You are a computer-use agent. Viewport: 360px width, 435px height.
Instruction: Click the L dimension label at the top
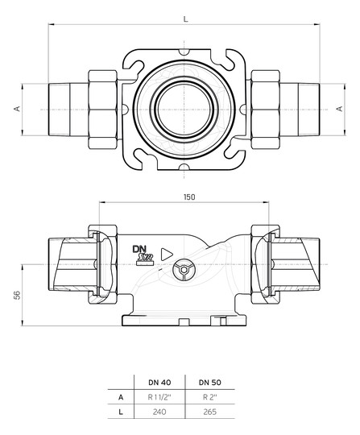pyautogui.click(x=185, y=19)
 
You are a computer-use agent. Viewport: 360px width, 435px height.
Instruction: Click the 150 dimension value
pyautogui.click(x=189, y=197)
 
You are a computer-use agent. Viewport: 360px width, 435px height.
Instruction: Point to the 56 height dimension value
pyautogui.click(x=17, y=295)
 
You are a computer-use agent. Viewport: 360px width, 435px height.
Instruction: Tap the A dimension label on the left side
pyautogui.click(x=17, y=109)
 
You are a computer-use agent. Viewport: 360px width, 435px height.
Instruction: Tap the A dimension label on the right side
pyautogui.click(x=340, y=109)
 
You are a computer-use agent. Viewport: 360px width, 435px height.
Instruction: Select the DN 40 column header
pyautogui.click(x=159, y=383)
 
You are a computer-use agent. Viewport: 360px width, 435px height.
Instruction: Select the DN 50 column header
pyautogui.click(x=209, y=383)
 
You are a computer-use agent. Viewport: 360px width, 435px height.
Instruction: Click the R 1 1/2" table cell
pyautogui.click(x=159, y=397)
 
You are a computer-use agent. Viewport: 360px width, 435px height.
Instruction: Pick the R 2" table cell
pyautogui.click(x=209, y=397)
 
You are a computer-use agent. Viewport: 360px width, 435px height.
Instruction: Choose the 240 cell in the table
pyautogui.click(x=159, y=412)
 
